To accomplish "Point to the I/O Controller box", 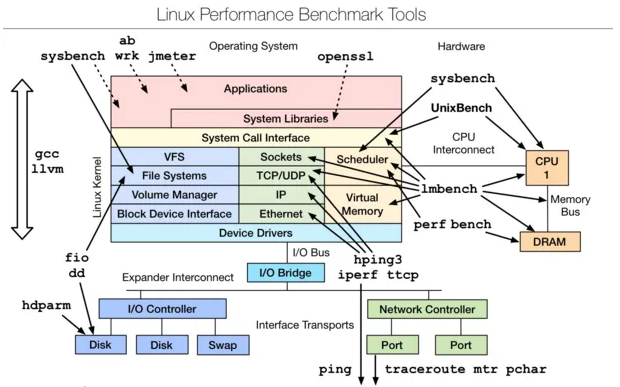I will point(162,309).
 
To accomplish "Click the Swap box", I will point(222,345).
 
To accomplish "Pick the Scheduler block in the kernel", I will point(361,160).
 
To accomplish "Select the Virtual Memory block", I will point(361,204).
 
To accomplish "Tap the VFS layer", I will point(174,157).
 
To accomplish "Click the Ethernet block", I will point(280,214).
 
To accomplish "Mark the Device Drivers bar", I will point(256,233).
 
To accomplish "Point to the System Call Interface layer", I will point(256,138).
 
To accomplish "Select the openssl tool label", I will point(345,57).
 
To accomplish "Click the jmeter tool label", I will point(172,56).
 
